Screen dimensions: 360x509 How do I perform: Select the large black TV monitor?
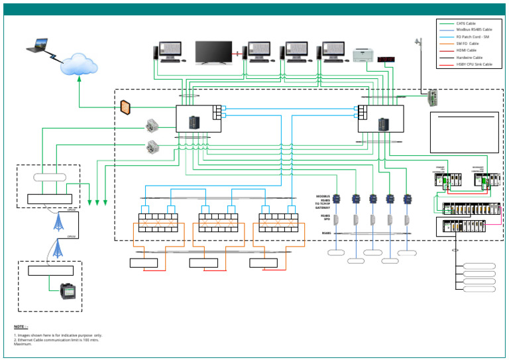pos(213,52)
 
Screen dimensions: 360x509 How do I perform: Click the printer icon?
pos(363,56)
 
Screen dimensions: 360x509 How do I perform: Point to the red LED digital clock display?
pos(386,59)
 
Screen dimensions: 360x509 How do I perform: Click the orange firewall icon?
pos(125,105)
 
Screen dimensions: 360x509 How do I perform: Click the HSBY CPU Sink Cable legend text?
pos(474,64)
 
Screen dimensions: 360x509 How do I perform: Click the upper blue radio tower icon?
pos(58,222)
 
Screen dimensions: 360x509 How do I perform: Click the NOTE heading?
pos(21,327)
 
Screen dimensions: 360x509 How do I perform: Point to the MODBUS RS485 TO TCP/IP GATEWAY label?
pos(323,202)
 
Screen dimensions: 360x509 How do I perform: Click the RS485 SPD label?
pos(325,217)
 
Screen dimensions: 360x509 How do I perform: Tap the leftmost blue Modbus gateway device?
pos(337,198)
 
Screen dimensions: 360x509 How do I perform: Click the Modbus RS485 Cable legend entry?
pos(474,30)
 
